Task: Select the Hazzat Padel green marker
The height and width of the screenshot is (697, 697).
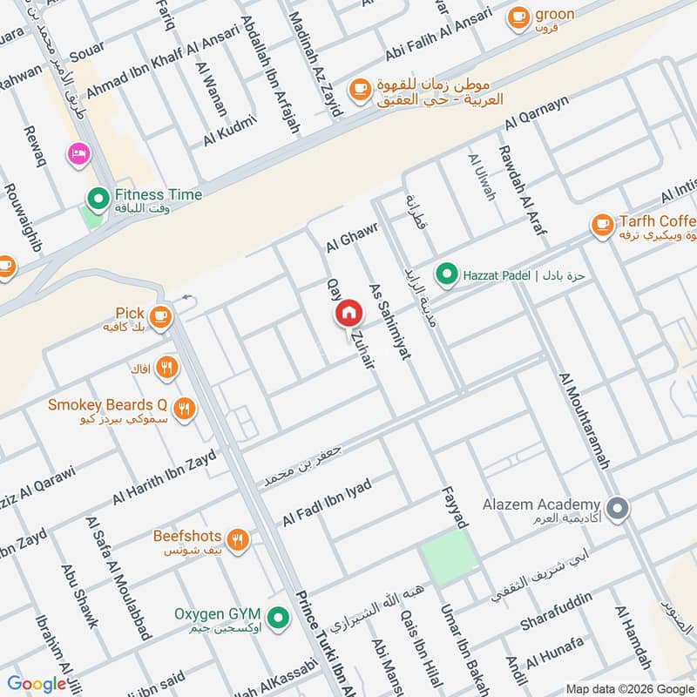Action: point(447,275)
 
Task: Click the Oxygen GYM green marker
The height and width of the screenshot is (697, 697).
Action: point(278,618)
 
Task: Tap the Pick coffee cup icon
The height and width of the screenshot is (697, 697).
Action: point(159,318)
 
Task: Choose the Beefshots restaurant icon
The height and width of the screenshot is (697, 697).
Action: point(238,539)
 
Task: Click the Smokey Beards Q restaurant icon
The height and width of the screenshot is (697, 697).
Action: point(184,408)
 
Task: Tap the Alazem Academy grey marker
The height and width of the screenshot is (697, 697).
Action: point(618,509)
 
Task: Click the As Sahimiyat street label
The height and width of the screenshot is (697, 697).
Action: point(389,321)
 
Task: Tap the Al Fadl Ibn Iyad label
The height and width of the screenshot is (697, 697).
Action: point(326,502)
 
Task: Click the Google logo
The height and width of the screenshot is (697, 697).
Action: point(37,684)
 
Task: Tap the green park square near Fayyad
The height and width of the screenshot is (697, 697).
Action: point(450,558)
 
